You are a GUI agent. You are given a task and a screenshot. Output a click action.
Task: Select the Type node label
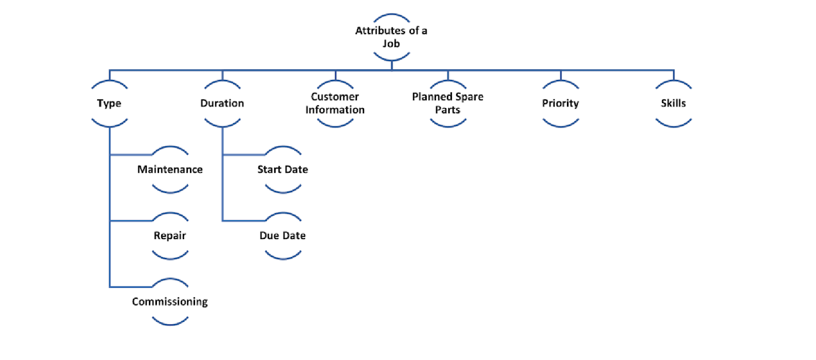coord(109,103)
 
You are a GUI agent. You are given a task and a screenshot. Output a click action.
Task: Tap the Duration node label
coord(222,103)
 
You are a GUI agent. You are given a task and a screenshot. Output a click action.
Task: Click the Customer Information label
coord(335,103)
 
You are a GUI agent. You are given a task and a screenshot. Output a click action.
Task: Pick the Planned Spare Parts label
coord(447,103)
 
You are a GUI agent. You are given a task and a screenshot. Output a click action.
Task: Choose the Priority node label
coord(561,103)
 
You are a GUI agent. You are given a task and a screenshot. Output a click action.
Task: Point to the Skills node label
coord(674,103)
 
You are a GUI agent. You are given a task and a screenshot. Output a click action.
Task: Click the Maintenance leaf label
coord(170,170)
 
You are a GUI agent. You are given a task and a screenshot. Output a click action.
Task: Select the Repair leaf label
coord(170,235)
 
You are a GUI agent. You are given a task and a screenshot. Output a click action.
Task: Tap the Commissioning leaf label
coord(170,302)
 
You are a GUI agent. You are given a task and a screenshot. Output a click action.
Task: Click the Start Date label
coord(283,170)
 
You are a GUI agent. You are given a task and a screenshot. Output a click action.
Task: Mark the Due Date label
coord(283,235)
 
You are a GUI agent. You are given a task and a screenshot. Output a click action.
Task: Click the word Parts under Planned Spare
coord(447,110)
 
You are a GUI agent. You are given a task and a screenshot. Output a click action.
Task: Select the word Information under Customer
coord(335,110)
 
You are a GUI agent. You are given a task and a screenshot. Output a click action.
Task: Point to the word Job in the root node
coord(391,43)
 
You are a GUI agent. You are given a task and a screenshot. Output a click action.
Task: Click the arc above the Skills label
coord(674,81)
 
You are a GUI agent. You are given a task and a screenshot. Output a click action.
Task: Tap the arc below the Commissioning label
coord(170,323)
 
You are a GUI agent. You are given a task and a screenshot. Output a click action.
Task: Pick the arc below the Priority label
coord(561,125)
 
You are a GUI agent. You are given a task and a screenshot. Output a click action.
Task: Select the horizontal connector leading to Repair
coord(130,220)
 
